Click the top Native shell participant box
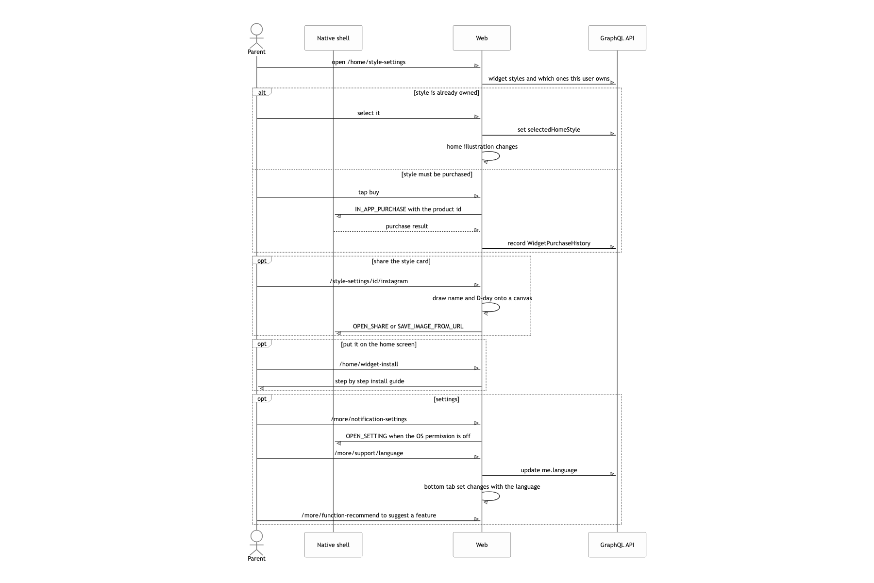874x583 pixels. (333, 38)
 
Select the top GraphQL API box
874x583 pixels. (617, 38)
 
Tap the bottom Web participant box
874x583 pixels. (482, 545)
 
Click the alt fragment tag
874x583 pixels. (262, 92)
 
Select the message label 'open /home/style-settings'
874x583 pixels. (369, 62)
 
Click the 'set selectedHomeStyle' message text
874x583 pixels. (549, 130)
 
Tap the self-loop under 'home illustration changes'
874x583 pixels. (499, 156)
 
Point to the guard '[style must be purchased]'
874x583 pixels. (437, 174)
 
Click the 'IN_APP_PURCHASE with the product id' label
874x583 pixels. (408, 209)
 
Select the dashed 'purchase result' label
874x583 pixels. (407, 226)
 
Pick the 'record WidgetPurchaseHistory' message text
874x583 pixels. (549, 243)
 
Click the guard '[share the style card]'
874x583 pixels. (401, 261)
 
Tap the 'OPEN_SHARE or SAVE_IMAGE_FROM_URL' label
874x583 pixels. (408, 326)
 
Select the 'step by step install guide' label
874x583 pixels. (370, 381)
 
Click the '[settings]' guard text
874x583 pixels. (446, 399)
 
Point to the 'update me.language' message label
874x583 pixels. (549, 470)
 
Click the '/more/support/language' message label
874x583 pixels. (369, 453)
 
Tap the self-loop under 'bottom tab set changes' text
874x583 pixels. (499, 497)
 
